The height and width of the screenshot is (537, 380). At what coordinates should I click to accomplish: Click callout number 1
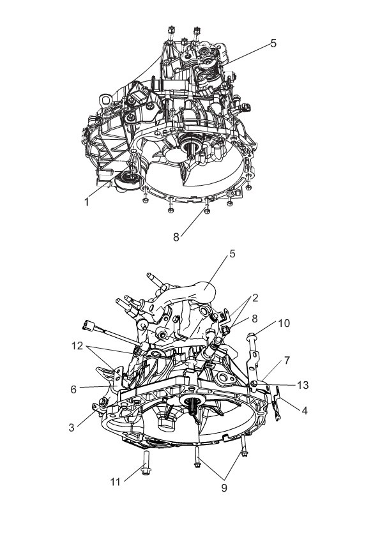[87, 202]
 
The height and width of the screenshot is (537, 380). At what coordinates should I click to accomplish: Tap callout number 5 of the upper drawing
[273, 43]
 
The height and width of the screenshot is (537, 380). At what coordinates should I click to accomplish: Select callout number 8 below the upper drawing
[176, 237]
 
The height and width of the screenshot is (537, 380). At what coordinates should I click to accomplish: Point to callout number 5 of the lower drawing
[232, 253]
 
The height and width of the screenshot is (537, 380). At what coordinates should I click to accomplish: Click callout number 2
[255, 298]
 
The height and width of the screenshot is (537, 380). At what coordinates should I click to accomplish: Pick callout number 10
[284, 323]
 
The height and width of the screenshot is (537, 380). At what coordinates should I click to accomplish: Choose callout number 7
[287, 360]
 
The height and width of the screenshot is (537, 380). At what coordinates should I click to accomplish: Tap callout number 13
[303, 385]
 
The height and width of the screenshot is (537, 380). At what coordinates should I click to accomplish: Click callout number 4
[305, 410]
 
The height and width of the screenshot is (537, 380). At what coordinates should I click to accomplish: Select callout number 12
[77, 346]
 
